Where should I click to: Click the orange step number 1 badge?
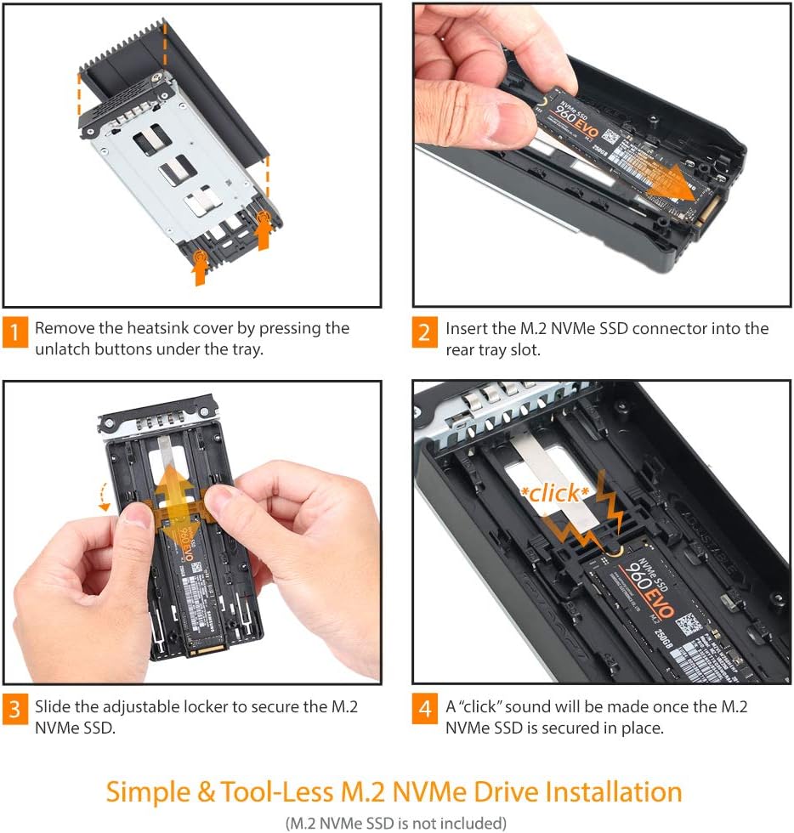point(14,332)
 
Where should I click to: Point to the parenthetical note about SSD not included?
point(396,822)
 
